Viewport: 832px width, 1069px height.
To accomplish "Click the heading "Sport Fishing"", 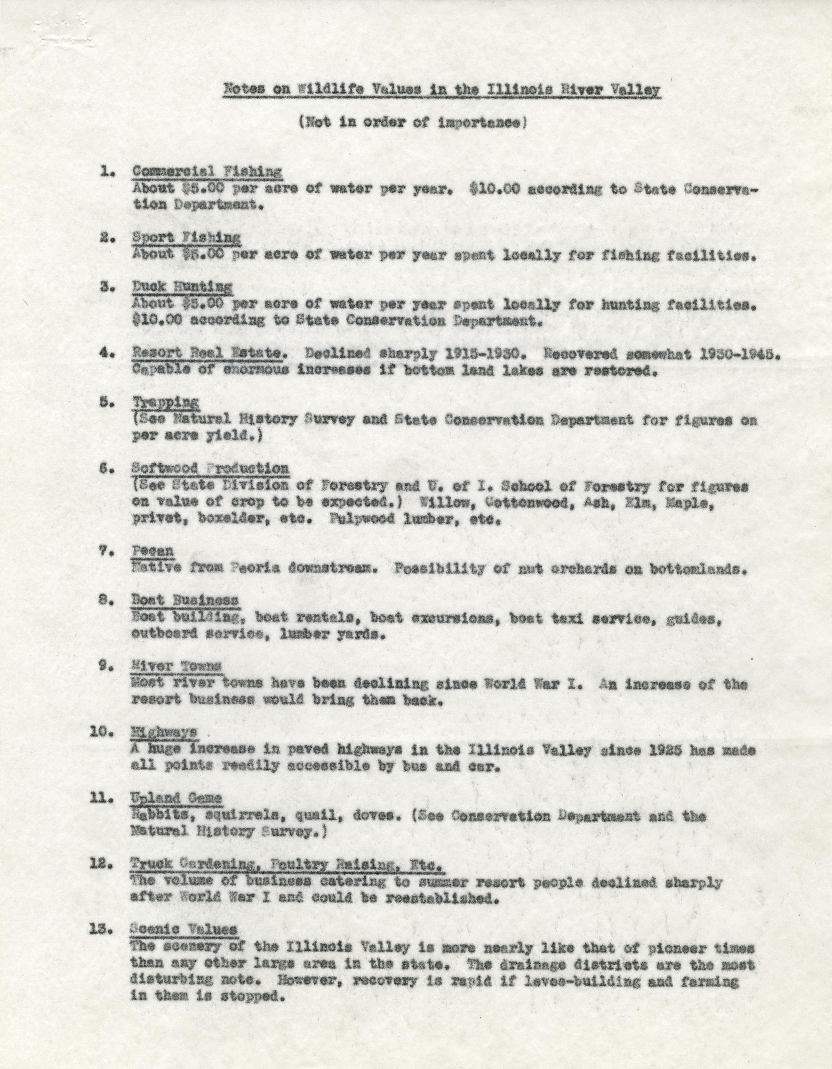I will pyautogui.click(x=186, y=237).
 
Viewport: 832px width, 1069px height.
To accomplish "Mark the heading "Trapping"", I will pyautogui.click(x=166, y=402).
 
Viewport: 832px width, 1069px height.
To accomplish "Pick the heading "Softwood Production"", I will pyautogui.click(x=210, y=468).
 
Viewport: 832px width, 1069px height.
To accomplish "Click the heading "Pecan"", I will pyautogui.click(x=153, y=551).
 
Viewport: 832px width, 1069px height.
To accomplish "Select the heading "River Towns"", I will pyautogui.click(x=176, y=666).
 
